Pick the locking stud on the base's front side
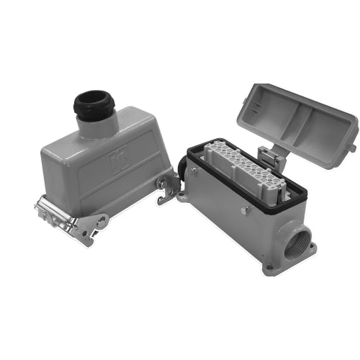246,210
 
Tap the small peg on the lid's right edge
352,147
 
